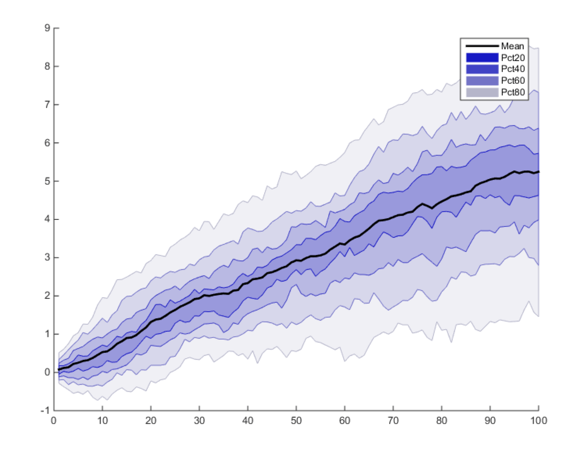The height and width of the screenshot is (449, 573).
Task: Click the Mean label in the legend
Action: pyautogui.click(x=512, y=46)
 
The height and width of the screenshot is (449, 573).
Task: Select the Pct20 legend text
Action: pyautogui.click(x=513, y=58)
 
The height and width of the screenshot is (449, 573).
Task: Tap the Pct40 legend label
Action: pyautogui.click(x=513, y=69)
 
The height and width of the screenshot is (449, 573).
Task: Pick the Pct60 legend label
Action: pyautogui.click(x=513, y=81)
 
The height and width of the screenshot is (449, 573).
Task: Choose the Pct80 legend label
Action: pyautogui.click(x=513, y=93)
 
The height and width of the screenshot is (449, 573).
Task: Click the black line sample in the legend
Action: pyautogui.click(x=482, y=46)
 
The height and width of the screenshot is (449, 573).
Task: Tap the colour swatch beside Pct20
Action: pyautogui.click(x=482, y=58)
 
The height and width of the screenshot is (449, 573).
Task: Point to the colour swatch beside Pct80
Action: pyautogui.click(x=482, y=93)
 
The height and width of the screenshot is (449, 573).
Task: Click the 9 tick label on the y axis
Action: pyautogui.click(x=47, y=28)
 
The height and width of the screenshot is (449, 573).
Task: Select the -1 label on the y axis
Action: pyautogui.click(x=45, y=411)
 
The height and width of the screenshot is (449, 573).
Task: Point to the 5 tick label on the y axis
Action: pyautogui.click(x=47, y=181)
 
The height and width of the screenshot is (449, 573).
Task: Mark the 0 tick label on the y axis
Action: pyautogui.click(x=47, y=372)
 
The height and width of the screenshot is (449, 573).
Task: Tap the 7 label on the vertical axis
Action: pyautogui.click(x=47, y=105)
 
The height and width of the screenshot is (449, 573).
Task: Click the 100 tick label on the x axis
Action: pyautogui.click(x=539, y=421)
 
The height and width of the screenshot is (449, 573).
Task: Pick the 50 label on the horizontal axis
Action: pyautogui.click(x=296, y=421)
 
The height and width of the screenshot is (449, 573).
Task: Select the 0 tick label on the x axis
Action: pyautogui.click(x=54, y=421)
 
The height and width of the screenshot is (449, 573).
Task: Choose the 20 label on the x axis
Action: pyautogui.click(x=151, y=421)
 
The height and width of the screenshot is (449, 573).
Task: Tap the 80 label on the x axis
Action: pyautogui.click(x=442, y=421)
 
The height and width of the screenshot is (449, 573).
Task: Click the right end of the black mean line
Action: pyautogui.click(x=539, y=172)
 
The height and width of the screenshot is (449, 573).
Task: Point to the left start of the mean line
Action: pyautogui.click(x=59, y=370)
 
